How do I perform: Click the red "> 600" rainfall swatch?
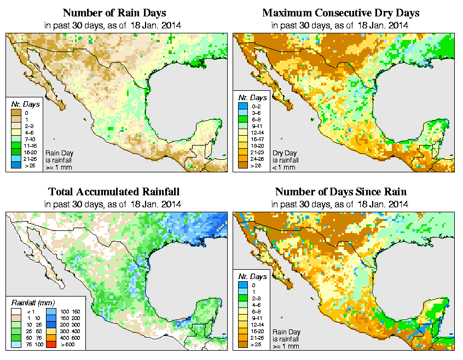click(x=50, y=345)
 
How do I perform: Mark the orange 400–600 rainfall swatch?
click(x=50, y=338)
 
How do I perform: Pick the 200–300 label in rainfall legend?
click(x=70, y=325)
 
